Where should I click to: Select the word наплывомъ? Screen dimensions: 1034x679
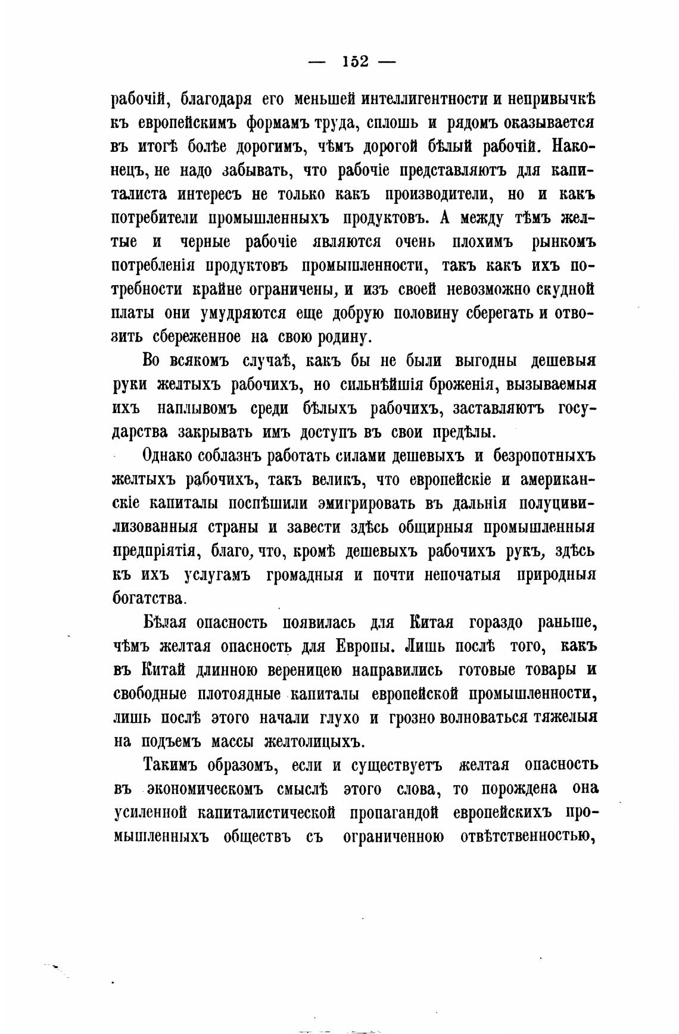pos(197,409)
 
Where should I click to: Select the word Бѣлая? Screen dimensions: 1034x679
pos(166,623)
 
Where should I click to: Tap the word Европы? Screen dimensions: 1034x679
pos(363,646)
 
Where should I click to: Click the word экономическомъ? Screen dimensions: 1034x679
pos(205,789)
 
